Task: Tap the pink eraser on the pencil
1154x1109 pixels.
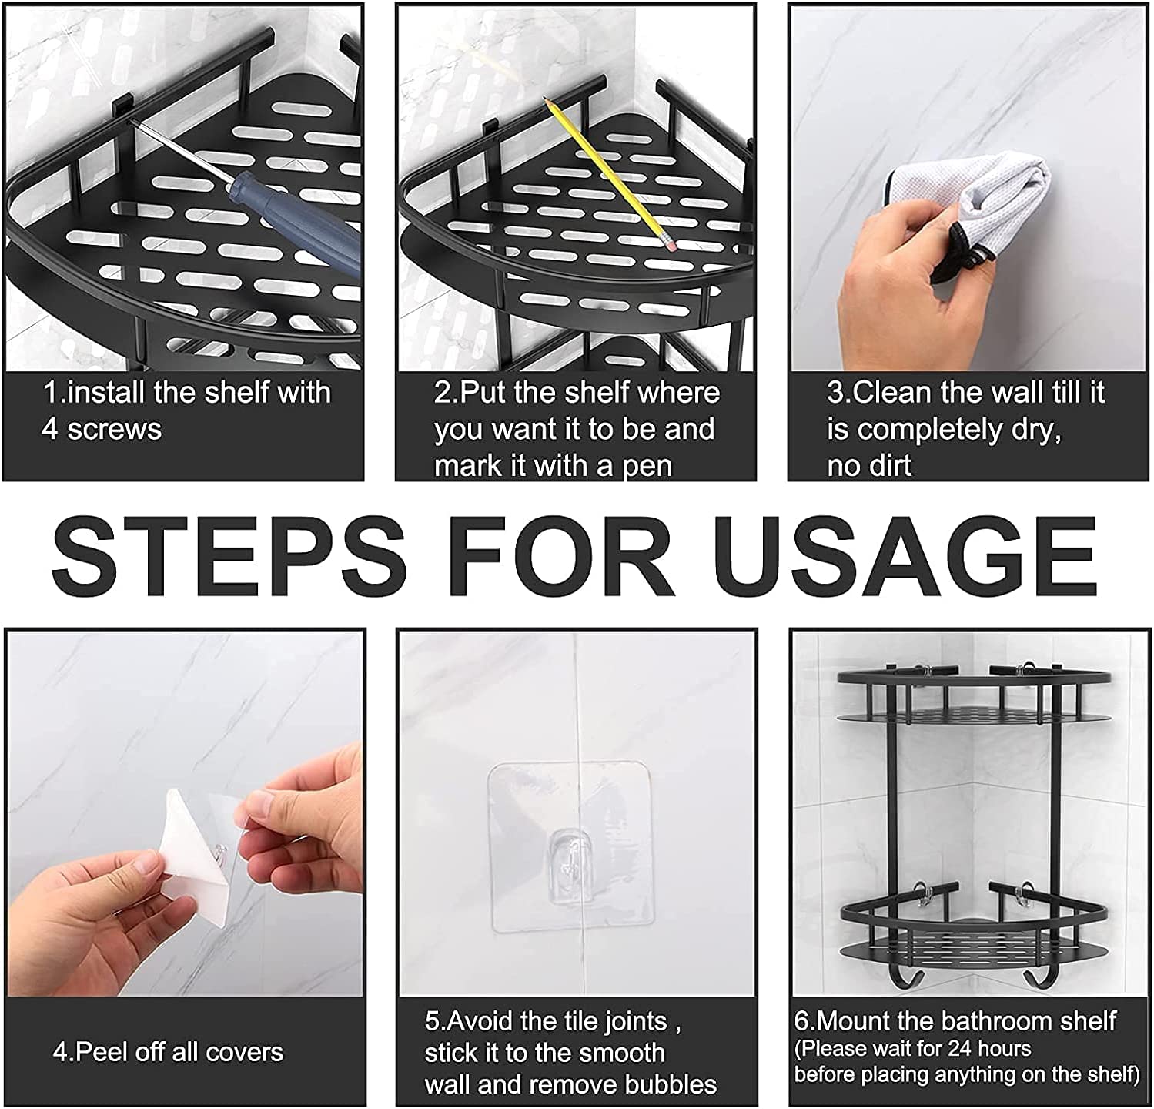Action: [x=670, y=244]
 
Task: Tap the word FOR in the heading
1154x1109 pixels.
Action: [x=566, y=555]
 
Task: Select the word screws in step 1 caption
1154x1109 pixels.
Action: [x=115, y=430]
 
